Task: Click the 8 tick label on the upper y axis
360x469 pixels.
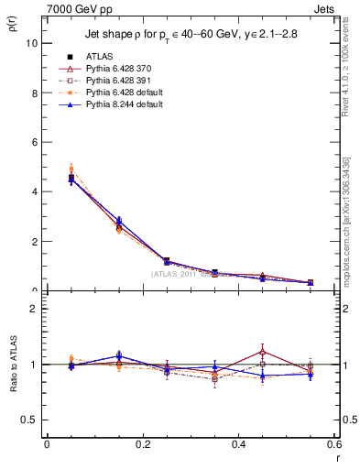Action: [x=35, y=93]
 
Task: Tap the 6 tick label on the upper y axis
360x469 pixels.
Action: [x=35, y=142]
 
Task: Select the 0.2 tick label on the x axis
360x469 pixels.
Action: [x=142, y=444]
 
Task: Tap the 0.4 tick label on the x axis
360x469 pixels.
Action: [x=239, y=444]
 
